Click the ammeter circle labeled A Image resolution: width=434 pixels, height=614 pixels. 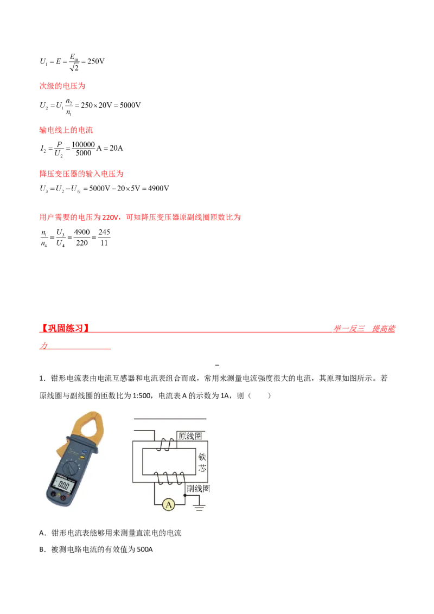coord(169,505)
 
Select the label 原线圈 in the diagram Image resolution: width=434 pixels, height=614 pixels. coord(190,436)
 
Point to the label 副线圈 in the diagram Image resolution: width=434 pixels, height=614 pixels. coord(198,488)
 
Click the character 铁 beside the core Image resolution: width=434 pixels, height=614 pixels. coord(203,457)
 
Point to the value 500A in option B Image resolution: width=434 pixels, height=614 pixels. coord(143,549)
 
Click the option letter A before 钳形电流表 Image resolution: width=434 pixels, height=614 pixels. coord(42,533)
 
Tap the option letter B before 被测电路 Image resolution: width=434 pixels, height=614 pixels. coord(42,549)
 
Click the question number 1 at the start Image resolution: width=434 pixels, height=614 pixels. coord(41,379)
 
